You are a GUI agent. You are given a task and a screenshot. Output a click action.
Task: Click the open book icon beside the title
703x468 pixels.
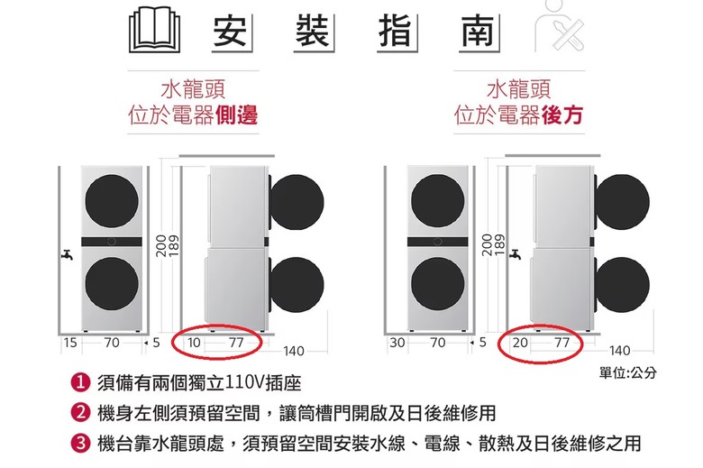click(155, 30)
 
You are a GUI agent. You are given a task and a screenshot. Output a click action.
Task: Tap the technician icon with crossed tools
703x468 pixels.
click(561, 25)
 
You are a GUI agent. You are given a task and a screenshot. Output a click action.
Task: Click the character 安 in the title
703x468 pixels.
click(230, 31)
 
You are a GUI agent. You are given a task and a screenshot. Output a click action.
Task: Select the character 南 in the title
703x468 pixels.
click(477, 31)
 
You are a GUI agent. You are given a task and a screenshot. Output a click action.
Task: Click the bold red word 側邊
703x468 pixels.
click(237, 115)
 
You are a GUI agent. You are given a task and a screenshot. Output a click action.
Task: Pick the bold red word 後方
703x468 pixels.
click(562, 115)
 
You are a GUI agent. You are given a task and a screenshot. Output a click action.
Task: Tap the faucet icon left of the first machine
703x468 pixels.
click(67, 255)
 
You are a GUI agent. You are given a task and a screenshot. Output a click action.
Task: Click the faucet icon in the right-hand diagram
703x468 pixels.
click(516, 255)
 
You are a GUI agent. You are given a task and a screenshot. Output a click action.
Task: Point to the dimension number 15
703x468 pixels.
click(70, 343)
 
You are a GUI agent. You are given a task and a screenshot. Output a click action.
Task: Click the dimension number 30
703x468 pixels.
click(397, 343)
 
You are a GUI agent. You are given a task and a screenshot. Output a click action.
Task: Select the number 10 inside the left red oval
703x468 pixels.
click(194, 343)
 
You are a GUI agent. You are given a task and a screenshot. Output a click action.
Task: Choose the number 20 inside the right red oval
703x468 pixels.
click(520, 343)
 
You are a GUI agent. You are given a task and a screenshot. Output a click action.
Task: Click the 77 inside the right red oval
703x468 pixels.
click(561, 343)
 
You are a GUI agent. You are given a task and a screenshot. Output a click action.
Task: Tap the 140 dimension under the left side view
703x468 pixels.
click(294, 351)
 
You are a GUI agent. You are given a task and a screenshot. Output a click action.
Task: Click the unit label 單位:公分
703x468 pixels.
click(627, 372)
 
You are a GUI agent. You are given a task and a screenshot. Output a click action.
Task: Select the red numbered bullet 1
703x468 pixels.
click(81, 382)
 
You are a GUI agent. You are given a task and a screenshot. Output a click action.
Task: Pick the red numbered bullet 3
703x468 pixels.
click(81, 444)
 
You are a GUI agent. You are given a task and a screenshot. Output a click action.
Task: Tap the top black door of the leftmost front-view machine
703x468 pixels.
click(112, 200)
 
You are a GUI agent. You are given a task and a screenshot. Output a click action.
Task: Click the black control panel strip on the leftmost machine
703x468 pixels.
click(112, 242)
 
